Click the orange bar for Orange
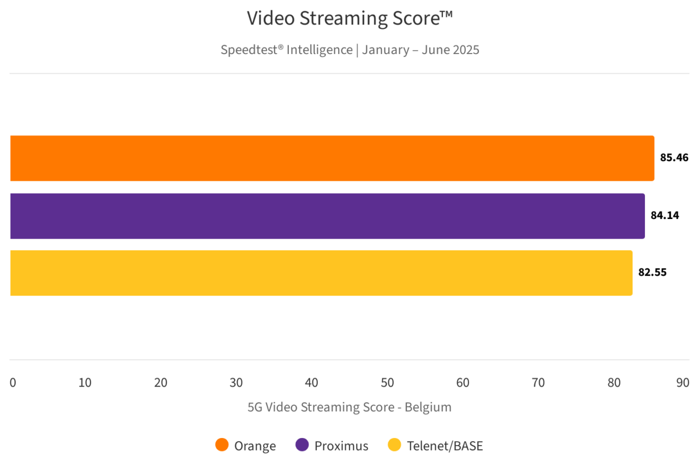point(332,158)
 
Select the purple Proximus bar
point(328,216)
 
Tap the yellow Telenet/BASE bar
point(321,273)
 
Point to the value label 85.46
point(674,158)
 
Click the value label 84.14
point(665,215)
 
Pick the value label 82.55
point(653,272)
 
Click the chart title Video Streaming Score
point(349,19)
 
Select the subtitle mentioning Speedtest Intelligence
point(349,50)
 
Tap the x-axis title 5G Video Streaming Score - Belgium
point(349,407)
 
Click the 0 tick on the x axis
point(13,383)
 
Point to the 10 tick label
point(85,383)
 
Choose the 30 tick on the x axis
point(236,383)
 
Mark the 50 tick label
point(387,383)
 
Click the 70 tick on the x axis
point(538,383)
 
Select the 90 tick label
point(683,383)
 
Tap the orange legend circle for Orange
point(222,446)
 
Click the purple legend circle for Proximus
point(302,446)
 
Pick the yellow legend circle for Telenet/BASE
point(394,446)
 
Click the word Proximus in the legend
point(341,446)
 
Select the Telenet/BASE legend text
point(445,446)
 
